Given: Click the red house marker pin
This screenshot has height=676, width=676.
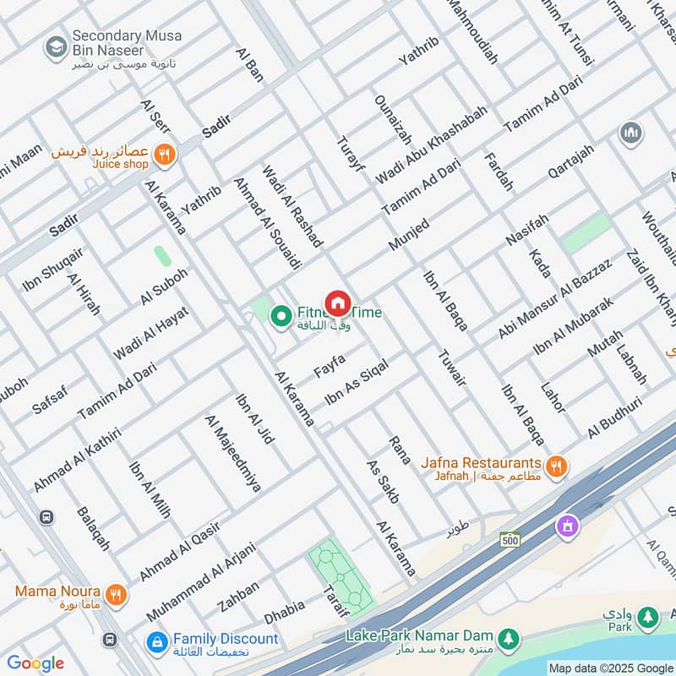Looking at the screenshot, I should pyautogui.click(x=338, y=303).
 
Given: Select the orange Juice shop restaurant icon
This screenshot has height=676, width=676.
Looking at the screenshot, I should pyautogui.click(x=166, y=154).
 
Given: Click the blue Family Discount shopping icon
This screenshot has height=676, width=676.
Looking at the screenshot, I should pyautogui.click(x=155, y=643).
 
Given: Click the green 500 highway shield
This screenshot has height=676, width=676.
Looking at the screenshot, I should pyautogui.click(x=509, y=538).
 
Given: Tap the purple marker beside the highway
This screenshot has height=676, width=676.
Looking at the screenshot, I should pyautogui.click(x=567, y=526).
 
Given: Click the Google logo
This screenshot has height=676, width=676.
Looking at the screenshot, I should pyautogui.click(x=35, y=663).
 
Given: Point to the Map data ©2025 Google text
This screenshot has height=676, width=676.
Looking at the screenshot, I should pyautogui.click(x=610, y=668).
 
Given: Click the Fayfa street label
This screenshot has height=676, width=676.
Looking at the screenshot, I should pyautogui.click(x=330, y=366).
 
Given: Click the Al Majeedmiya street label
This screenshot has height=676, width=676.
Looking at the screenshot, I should pyautogui.click(x=232, y=452).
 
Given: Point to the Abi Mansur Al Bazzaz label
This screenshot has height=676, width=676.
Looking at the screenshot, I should pyautogui.click(x=554, y=299).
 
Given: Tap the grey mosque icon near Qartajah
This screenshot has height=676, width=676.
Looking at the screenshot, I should pyautogui.click(x=630, y=133).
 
